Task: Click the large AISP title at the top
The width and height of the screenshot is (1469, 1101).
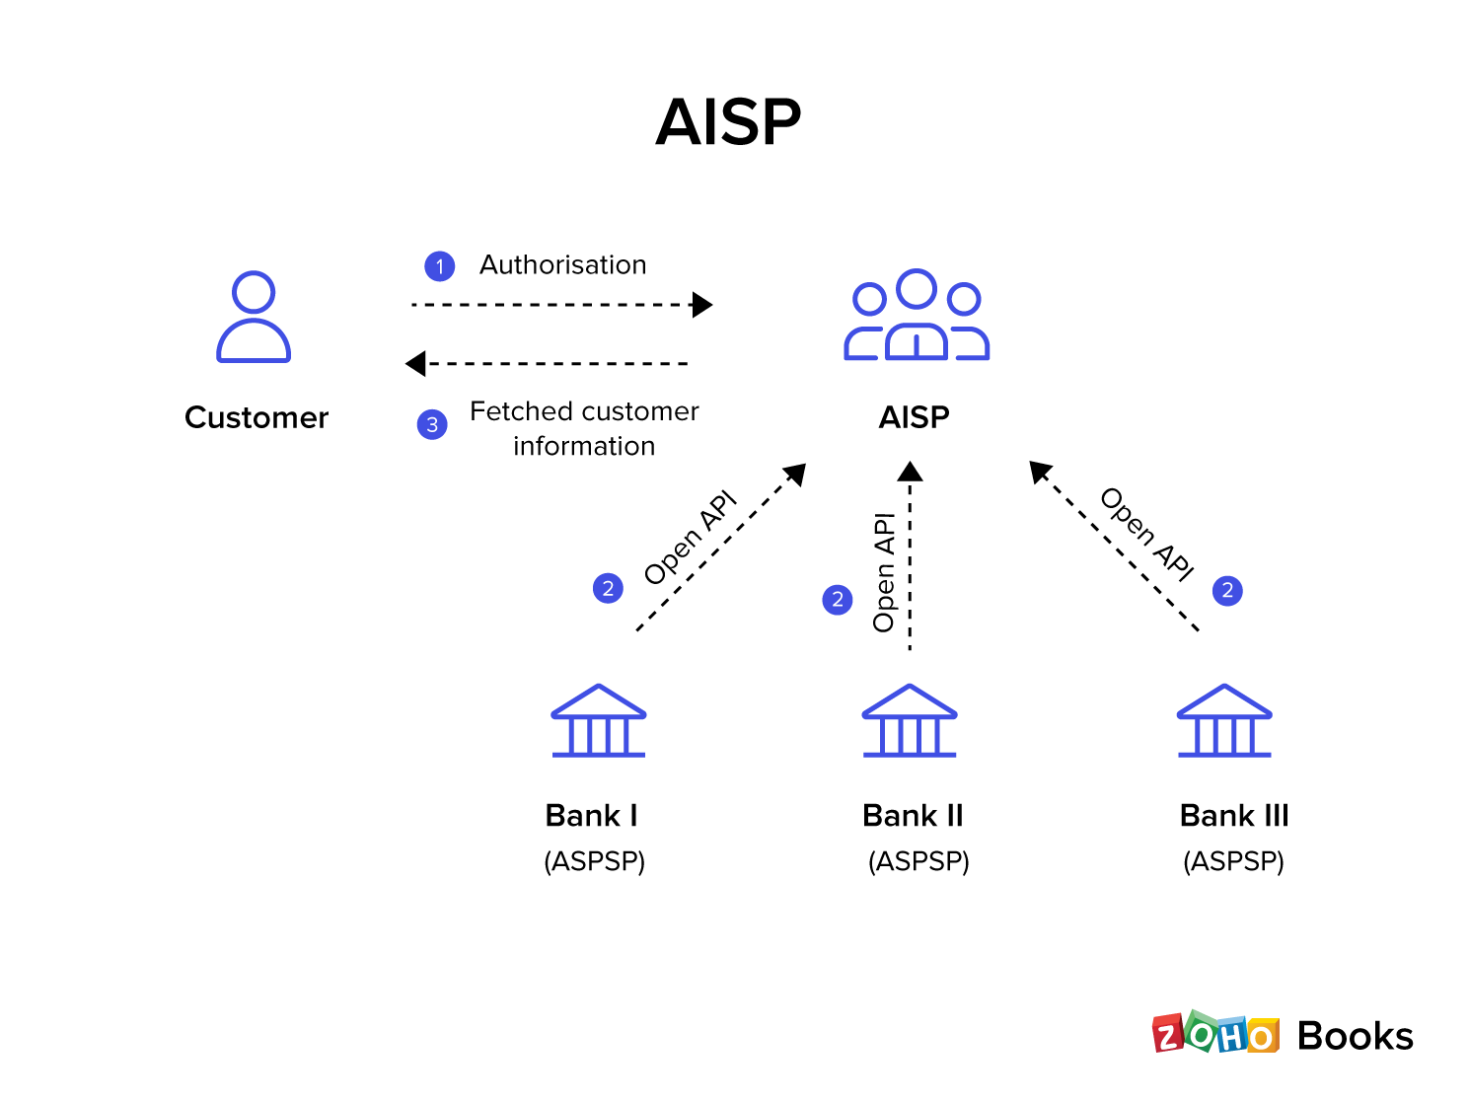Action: [728, 122]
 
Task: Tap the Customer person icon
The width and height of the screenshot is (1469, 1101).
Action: [254, 317]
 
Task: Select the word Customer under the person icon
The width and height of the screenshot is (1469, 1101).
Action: [257, 417]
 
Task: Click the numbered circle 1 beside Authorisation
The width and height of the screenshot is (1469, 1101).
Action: [439, 266]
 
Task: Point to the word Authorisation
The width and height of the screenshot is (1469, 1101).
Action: [562, 265]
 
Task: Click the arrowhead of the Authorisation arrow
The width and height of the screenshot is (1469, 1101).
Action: [702, 305]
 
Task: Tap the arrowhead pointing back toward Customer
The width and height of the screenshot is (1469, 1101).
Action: [415, 364]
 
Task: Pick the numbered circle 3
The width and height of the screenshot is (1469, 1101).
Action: [432, 425]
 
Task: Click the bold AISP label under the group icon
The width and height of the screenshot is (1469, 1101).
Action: [914, 417]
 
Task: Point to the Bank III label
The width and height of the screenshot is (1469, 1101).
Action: [1233, 816]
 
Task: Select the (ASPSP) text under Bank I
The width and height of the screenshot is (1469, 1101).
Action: [594, 861]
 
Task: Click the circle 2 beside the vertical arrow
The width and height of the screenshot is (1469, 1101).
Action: [838, 599]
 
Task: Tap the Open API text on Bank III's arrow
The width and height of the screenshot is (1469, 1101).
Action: [1146, 533]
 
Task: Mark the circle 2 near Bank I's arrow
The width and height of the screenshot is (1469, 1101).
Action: [608, 589]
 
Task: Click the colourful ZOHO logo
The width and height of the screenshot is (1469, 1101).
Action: [1215, 1035]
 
